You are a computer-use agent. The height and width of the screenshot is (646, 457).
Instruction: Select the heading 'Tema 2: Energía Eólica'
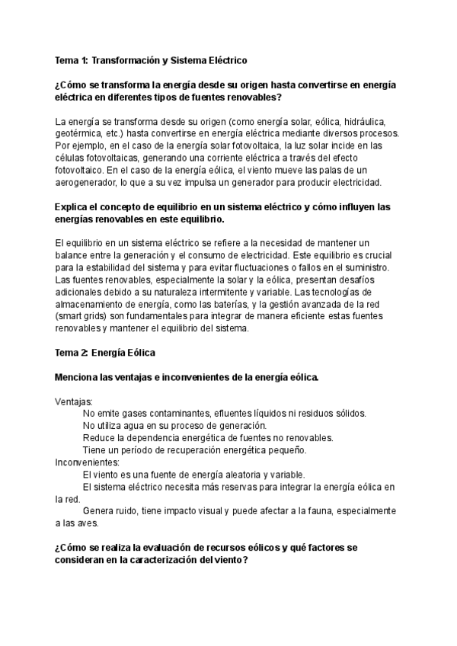(x=105, y=352)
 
